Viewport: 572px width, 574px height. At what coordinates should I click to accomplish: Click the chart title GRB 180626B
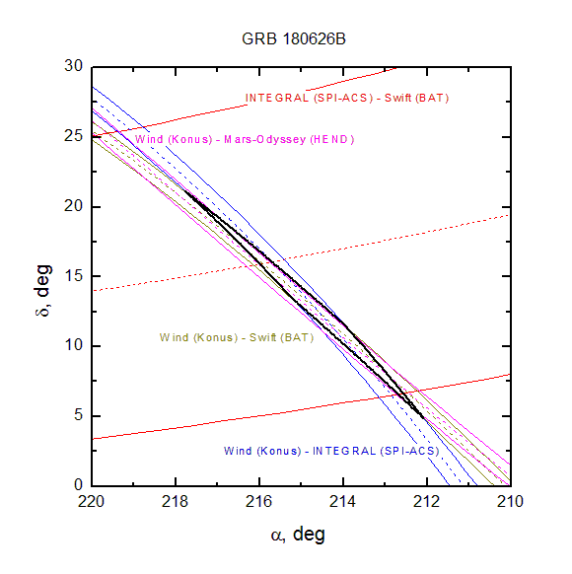pos(294,38)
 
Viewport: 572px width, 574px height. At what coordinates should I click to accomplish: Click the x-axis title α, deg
pos(298,535)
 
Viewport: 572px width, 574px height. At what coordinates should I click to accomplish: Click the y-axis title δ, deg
pos(42,290)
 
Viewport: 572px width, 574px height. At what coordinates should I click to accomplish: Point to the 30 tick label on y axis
pos(74,66)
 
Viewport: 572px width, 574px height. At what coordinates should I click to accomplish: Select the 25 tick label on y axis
pos(74,136)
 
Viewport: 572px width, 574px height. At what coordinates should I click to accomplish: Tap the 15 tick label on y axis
pos(74,275)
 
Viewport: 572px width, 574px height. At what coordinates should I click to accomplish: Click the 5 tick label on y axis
pos(78,415)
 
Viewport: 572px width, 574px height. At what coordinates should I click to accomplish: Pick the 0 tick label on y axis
pos(78,484)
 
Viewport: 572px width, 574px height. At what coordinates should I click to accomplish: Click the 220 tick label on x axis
pos(91,501)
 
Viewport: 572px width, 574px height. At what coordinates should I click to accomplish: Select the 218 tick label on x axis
pos(175,501)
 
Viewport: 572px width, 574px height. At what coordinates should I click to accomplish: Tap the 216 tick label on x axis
pos(258,501)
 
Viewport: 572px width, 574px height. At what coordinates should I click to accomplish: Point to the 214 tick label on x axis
pos(342,501)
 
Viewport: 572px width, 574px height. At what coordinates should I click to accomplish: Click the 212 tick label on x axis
pos(426,501)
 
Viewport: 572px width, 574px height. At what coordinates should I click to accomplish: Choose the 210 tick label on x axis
pos(510,501)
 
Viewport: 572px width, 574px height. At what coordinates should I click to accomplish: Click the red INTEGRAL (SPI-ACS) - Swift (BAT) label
pos(347,98)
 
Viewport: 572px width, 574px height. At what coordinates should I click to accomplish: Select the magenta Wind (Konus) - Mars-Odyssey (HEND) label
pos(245,139)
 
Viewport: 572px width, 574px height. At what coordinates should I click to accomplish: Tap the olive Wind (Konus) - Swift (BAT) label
pos(237,337)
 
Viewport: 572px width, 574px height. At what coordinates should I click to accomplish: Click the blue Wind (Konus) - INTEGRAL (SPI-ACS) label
pos(331,451)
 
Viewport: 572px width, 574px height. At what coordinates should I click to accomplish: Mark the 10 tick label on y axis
pos(74,345)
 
